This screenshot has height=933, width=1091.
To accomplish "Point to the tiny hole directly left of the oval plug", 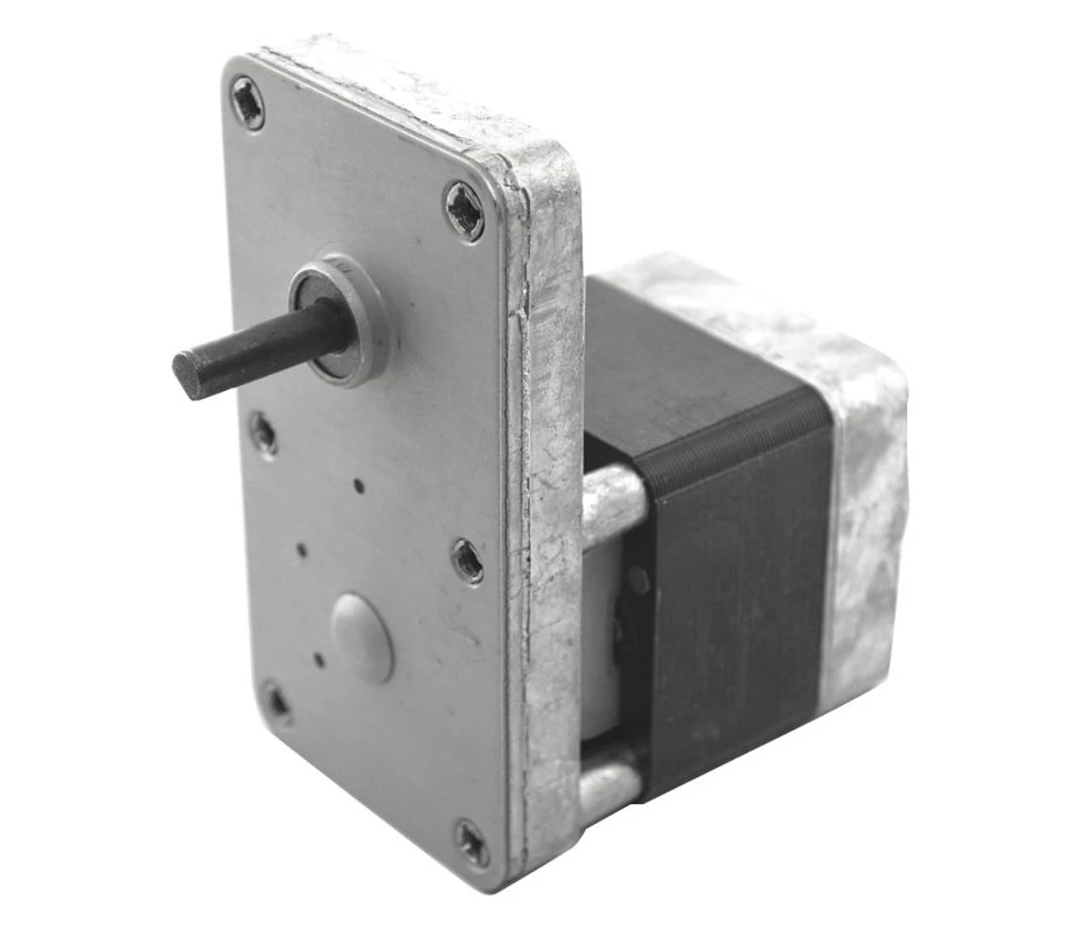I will point(317,659).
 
